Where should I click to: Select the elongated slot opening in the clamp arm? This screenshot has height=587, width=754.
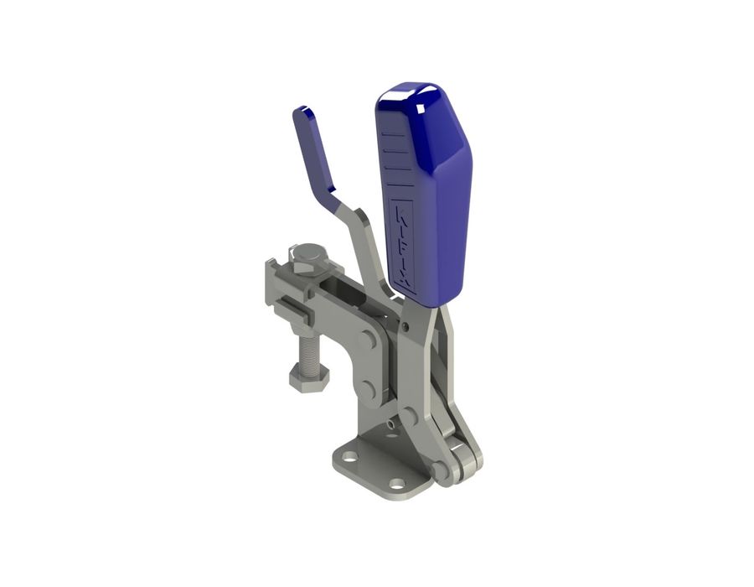(342, 293)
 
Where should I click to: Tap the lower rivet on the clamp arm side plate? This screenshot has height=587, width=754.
(369, 388)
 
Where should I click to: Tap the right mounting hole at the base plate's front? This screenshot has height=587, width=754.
(396, 484)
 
